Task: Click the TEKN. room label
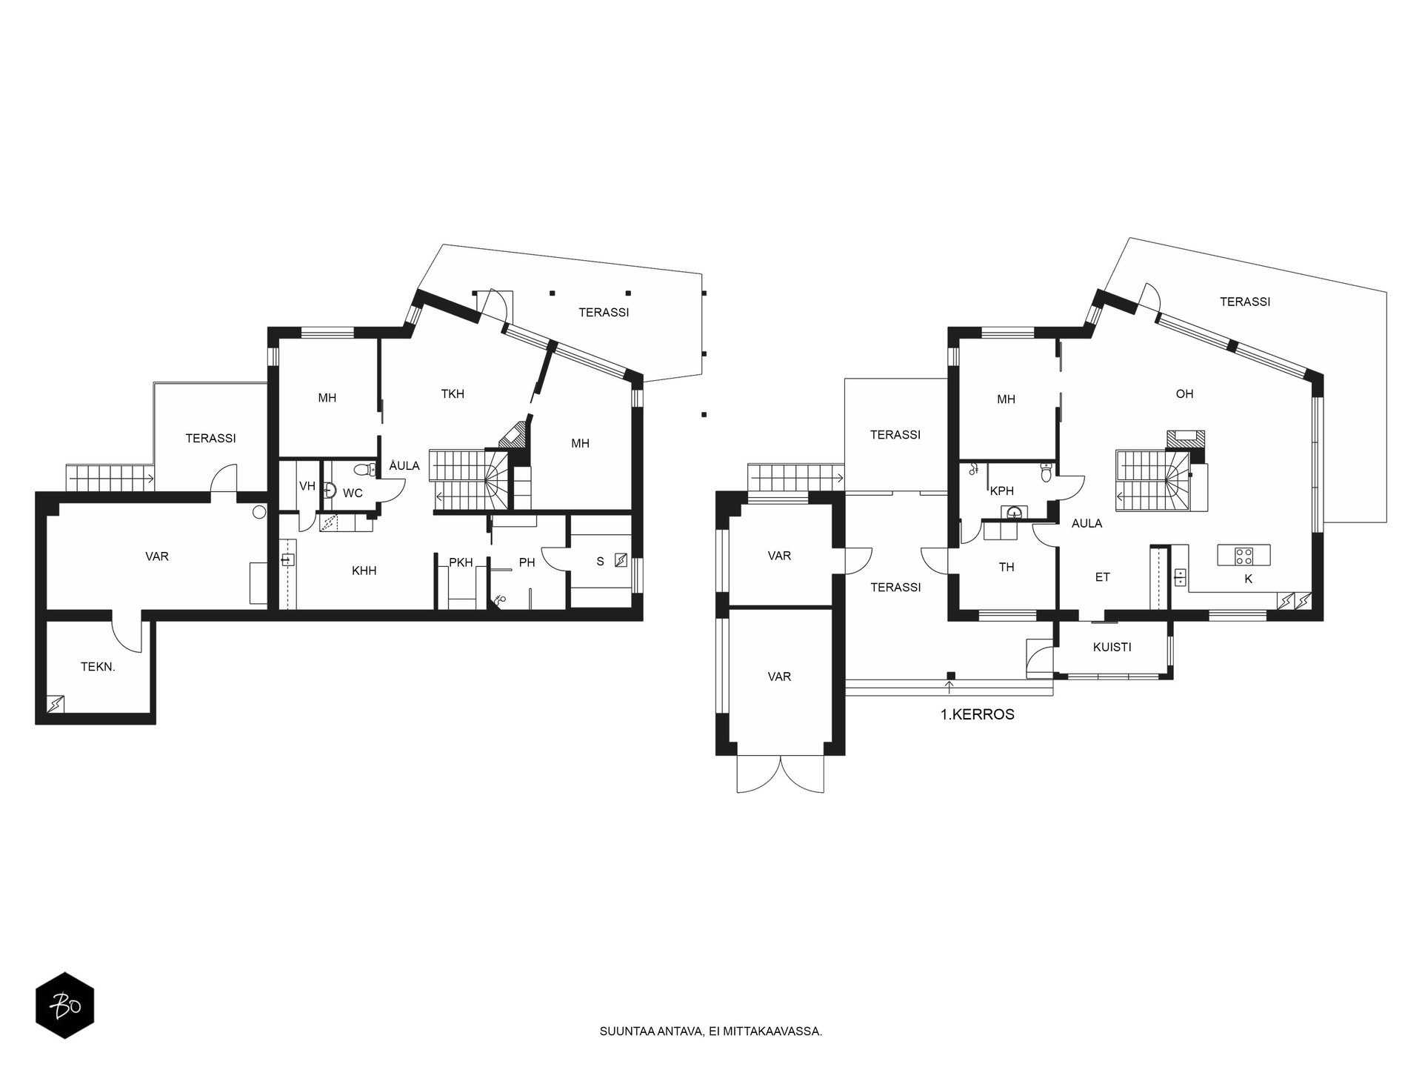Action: [x=98, y=667]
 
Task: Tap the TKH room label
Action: [x=453, y=394]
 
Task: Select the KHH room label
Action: [x=364, y=571]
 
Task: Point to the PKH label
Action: [x=461, y=563]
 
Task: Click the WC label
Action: [x=353, y=493]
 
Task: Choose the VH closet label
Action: [x=307, y=487]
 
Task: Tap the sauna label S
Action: [x=601, y=562]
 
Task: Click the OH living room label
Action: [x=1185, y=394]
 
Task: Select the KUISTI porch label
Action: [x=1112, y=648]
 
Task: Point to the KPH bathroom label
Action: [x=1002, y=491]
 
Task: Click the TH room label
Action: [x=1007, y=568]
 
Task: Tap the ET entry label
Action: [x=1103, y=577]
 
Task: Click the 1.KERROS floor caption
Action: [x=978, y=715]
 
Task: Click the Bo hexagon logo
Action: [x=65, y=1005]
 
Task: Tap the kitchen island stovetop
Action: [x=1244, y=555]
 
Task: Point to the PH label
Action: [x=527, y=563]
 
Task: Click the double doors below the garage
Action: [x=781, y=774]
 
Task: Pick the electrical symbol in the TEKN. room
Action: [x=56, y=704]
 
